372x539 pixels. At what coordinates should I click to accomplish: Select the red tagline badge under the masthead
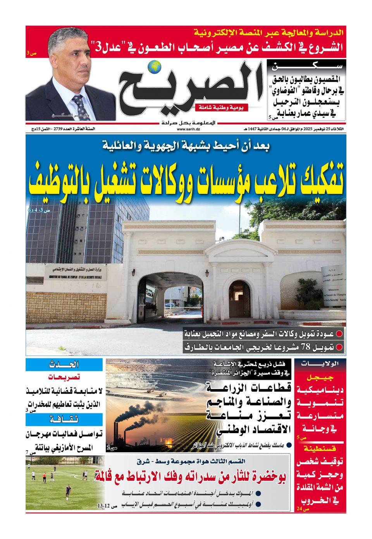point(221,108)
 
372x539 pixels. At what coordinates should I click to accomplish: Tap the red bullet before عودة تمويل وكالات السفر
point(339,333)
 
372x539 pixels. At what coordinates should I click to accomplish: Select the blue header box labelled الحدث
point(64,365)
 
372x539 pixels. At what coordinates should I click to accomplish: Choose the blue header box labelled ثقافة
point(64,420)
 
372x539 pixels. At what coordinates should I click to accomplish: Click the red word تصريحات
point(64,377)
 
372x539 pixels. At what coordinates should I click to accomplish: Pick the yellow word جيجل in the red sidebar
point(320,377)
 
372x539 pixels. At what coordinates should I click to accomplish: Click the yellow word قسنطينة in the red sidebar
point(320,449)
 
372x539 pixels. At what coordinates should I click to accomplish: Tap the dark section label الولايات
point(320,364)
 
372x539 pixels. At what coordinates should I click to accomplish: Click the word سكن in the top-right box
point(306,66)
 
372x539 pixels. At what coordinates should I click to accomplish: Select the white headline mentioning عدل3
point(217,47)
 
